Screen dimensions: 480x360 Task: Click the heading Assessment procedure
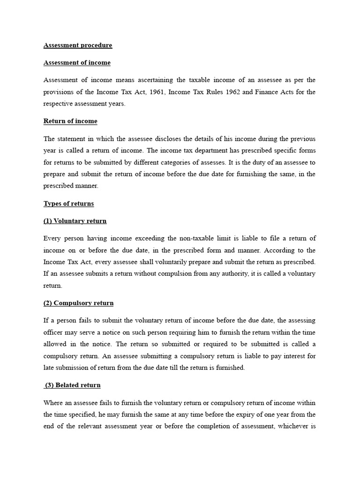point(78,45)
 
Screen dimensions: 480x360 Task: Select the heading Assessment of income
point(77,63)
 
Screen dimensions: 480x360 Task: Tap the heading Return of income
point(70,121)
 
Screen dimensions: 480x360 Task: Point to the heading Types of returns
point(68,203)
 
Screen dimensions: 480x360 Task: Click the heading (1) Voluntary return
point(75,221)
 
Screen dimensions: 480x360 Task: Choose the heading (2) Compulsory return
point(78,303)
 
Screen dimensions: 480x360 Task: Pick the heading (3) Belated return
point(73,385)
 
